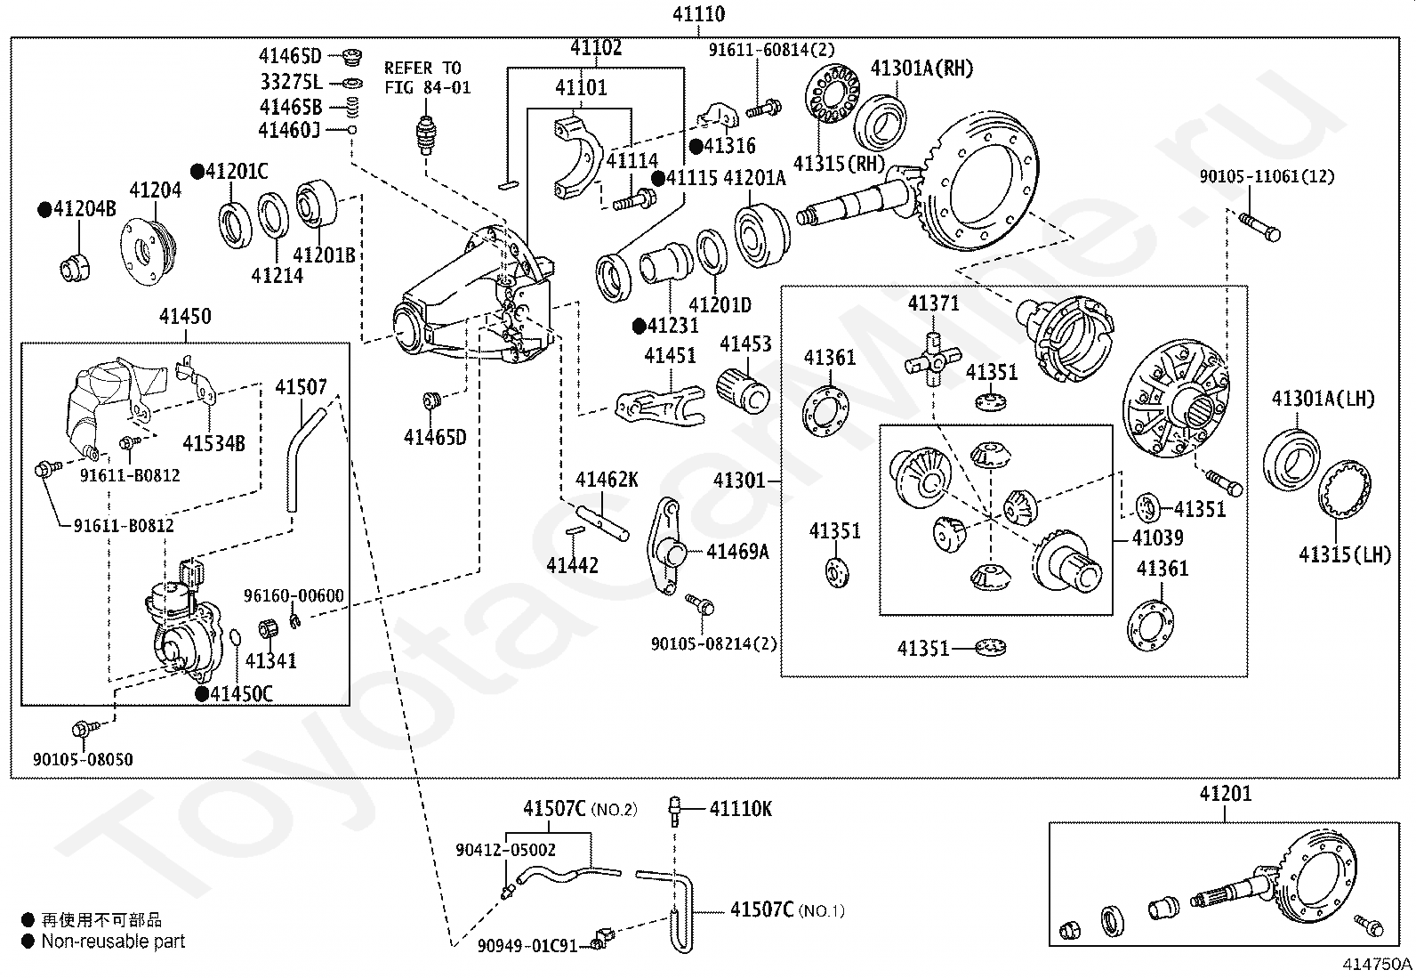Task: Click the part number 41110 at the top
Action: [698, 14]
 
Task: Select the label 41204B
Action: [84, 210]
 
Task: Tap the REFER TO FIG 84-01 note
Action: [427, 77]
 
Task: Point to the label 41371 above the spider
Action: [933, 303]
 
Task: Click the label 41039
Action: [1157, 538]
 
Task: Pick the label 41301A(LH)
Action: [1323, 398]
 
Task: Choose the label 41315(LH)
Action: [1344, 554]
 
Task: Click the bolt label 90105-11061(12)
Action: [1267, 176]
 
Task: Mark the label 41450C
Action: [241, 694]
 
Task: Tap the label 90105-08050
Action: [83, 759]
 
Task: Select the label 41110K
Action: [741, 809]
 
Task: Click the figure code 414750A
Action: [1377, 963]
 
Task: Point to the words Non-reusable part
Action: [113, 941]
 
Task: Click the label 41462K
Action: [607, 481]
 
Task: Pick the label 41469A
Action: [737, 552]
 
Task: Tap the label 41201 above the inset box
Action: [1225, 794]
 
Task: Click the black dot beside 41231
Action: [639, 327]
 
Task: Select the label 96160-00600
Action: [294, 595]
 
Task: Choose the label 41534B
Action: [213, 442]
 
